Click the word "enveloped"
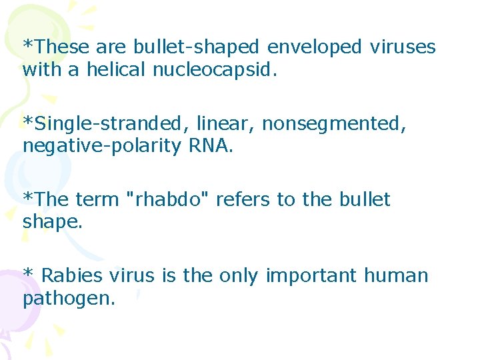[313, 47]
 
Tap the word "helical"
[116, 69]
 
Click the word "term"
[98, 199]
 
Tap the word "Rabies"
[71, 275]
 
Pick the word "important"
[311, 276]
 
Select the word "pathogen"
[67, 299]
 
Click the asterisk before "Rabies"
[28, 274]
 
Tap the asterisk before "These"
[27, 45]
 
